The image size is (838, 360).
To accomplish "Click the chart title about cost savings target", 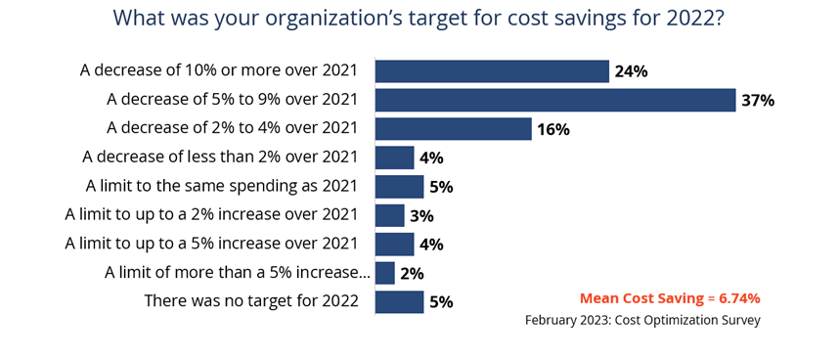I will pyautogui.click(x=419, y=20).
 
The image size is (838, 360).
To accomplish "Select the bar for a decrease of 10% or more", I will pyautogui.click(x=492, y=71).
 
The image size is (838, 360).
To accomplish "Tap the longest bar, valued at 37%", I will pyautogui.click(x=554, y=100).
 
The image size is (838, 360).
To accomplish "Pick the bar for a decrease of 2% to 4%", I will pyautogui.click(x=453, y=129).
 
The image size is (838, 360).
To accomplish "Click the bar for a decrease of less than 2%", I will pyautogui.click(x=394, y=157).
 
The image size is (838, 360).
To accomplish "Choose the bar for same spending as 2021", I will pyautogui.click(x=399, y=187).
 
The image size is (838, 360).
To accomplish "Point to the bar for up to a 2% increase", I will pyautogui.click(x=389, y=215).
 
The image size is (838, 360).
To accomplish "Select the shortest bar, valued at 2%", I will pyautogui.click(x=384, y=273).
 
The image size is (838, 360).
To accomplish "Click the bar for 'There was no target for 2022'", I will pyautogui.click(x=399, y=301).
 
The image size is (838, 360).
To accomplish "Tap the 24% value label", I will pyautogui.click(x=632, y=71).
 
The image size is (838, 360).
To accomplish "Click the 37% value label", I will pyautogui.click(x=758, y=101).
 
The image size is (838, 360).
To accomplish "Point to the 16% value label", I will pyautogui.click(x=552, y=129).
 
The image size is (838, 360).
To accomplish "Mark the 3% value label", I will pyautogui.click(x=422, y=216).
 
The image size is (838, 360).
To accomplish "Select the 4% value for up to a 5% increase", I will pyautogui.click(x=431, y=245).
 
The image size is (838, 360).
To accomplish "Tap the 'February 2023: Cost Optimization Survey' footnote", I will pyautogui.click(x=642, y=320).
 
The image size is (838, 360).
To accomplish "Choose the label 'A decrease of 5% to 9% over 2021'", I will pyautogui.click(x=233, y=100).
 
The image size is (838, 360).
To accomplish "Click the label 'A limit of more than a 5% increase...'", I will pyautogui.click(x=237, y=273).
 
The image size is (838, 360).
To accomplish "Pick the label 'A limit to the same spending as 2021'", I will pyautogui.click(x=222, y=187).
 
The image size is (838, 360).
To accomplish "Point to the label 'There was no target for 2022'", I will pyautogui.click(x=251, y=301).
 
